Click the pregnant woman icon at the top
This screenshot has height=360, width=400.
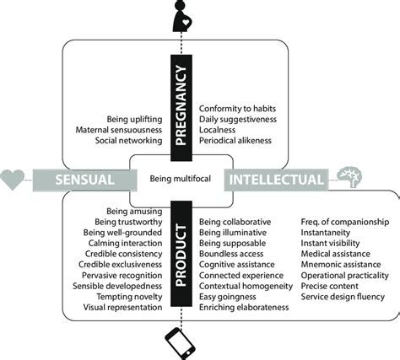pyautogui.click(x=183, y=16)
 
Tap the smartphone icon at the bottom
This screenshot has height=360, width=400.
pyautogui.click(x=183, y=341)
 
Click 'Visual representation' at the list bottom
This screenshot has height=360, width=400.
pyautogui.click(x=124, y=309)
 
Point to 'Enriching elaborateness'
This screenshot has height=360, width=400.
pyautogui.click(x=243, y=309)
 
